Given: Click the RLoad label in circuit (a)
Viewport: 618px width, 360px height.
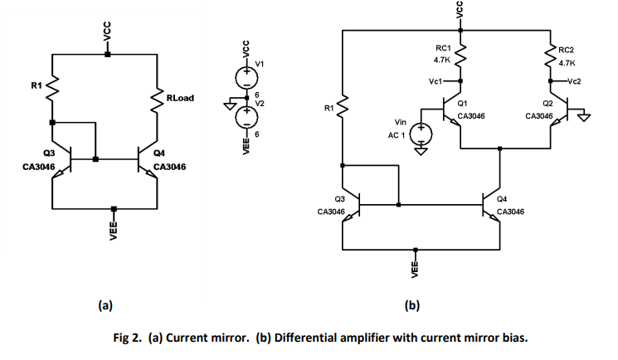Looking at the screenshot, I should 180,98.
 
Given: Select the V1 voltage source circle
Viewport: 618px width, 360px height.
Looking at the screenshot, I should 246,76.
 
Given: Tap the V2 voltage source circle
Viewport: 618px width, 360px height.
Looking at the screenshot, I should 246,117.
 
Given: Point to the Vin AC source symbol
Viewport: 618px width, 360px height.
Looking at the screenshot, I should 422,131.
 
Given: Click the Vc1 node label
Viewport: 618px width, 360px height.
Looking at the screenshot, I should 437,81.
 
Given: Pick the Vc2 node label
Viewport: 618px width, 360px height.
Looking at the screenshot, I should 573,81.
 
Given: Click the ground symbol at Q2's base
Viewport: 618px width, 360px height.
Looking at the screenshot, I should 586,117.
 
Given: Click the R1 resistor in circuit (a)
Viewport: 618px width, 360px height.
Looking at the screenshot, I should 51,85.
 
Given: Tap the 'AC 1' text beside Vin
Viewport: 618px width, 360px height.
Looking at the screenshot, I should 397,134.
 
